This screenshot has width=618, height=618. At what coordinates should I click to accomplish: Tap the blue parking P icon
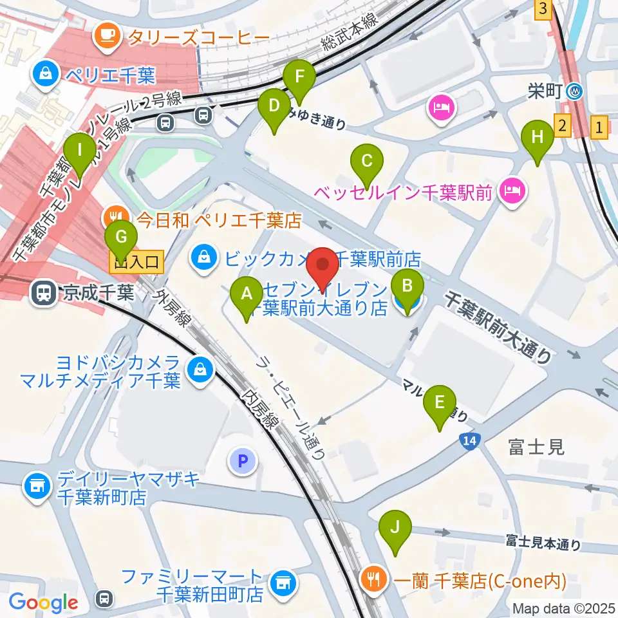pyautogui.click(x=243, y=460)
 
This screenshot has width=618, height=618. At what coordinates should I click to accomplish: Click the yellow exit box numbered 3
pyautogui.click(x=544, y=9)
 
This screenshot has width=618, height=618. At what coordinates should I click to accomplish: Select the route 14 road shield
pyautogui.click(x=469, y=441)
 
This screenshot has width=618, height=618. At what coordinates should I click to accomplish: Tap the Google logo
pyautogui.click(x=43, y=602)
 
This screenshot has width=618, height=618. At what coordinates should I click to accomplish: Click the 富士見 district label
pyautogui.click(x=536, y=446)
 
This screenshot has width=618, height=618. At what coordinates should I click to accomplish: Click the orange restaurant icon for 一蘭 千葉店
pyautogui.click(x=373, y=576)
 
